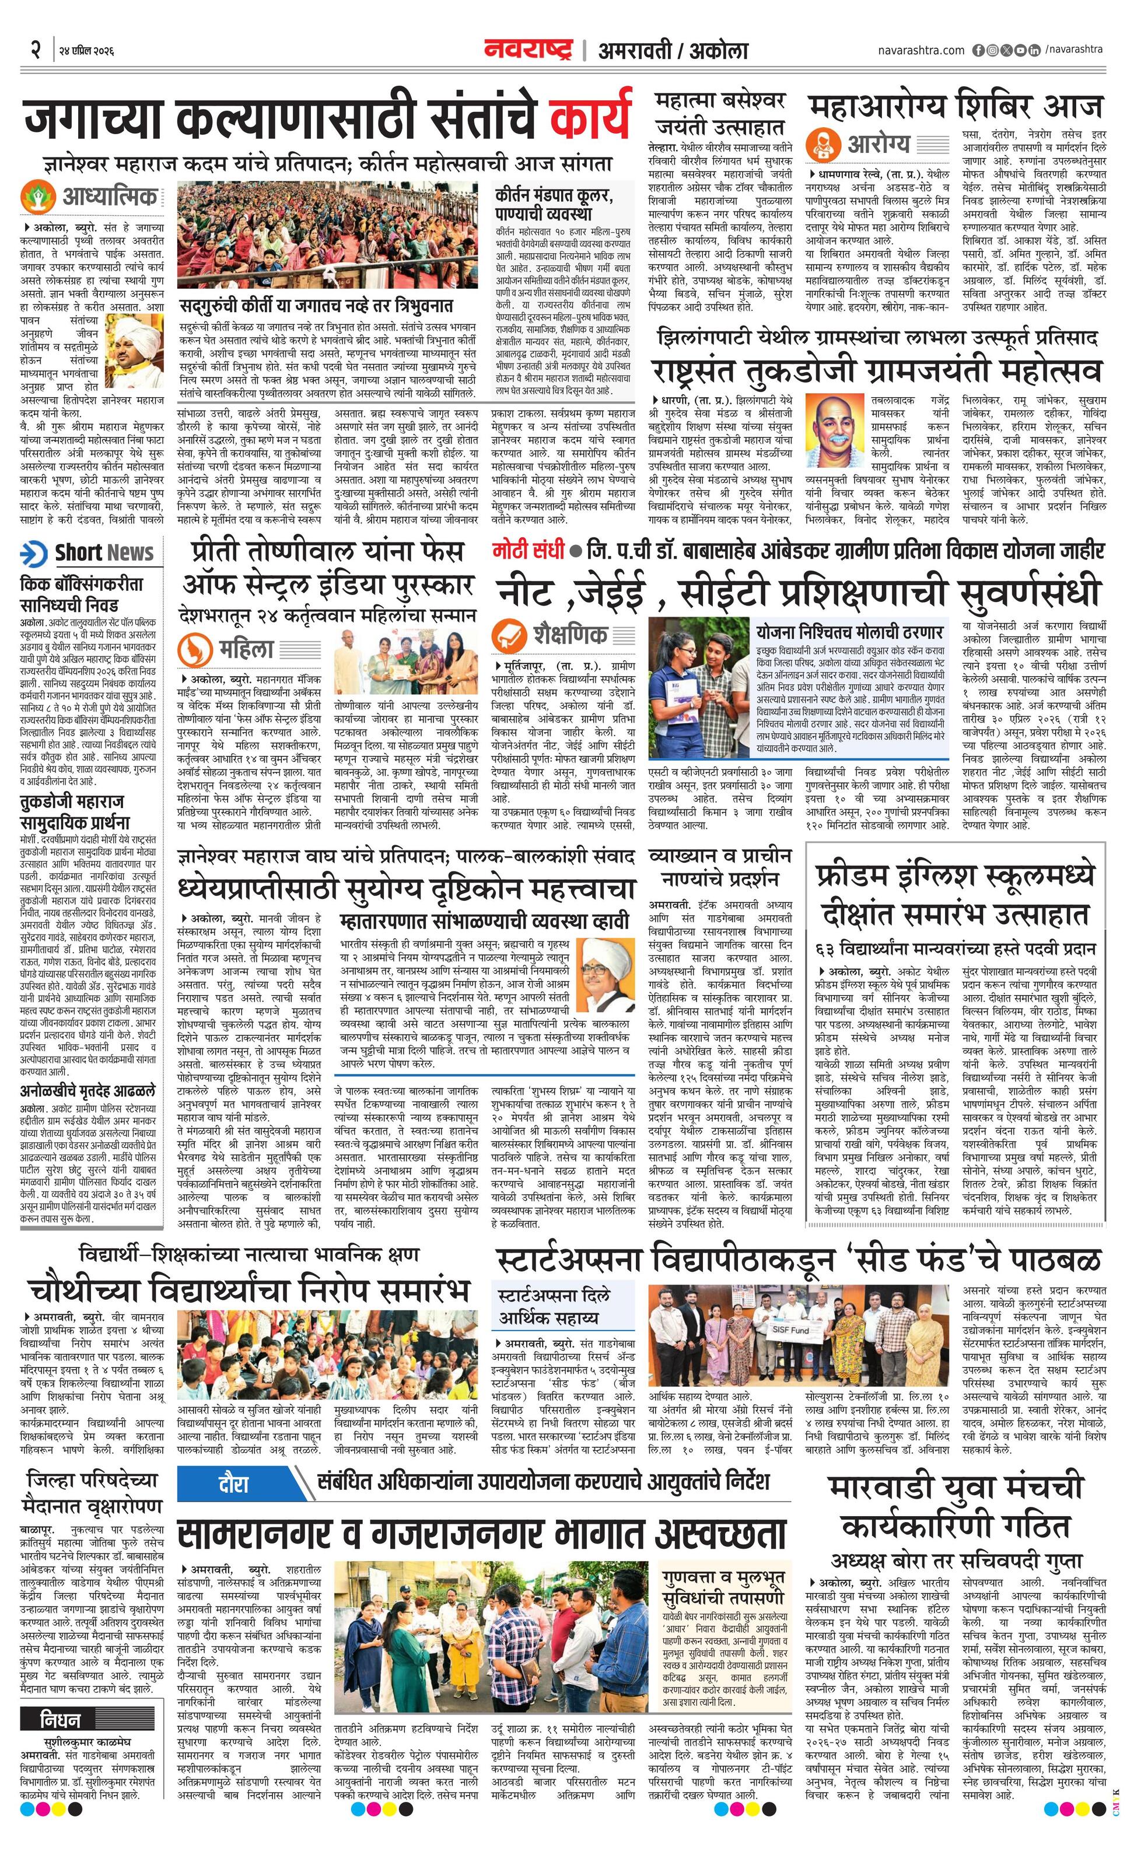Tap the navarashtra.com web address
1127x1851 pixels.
tap(921, 50)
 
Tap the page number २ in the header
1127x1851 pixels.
tap(34, 50)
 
